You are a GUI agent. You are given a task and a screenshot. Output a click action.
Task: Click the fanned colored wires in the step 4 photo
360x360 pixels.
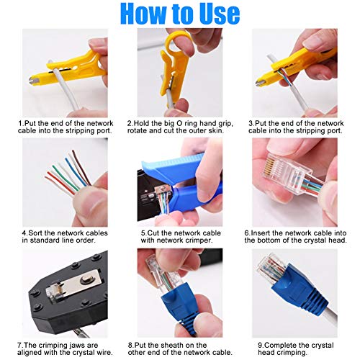click(68, 176)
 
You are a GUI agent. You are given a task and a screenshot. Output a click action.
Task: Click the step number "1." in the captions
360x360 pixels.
click(21, 123)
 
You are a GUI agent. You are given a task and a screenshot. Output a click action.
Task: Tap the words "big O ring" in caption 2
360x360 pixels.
click(177, 123)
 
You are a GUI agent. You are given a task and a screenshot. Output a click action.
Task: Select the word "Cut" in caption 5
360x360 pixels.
click(153, 233)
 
